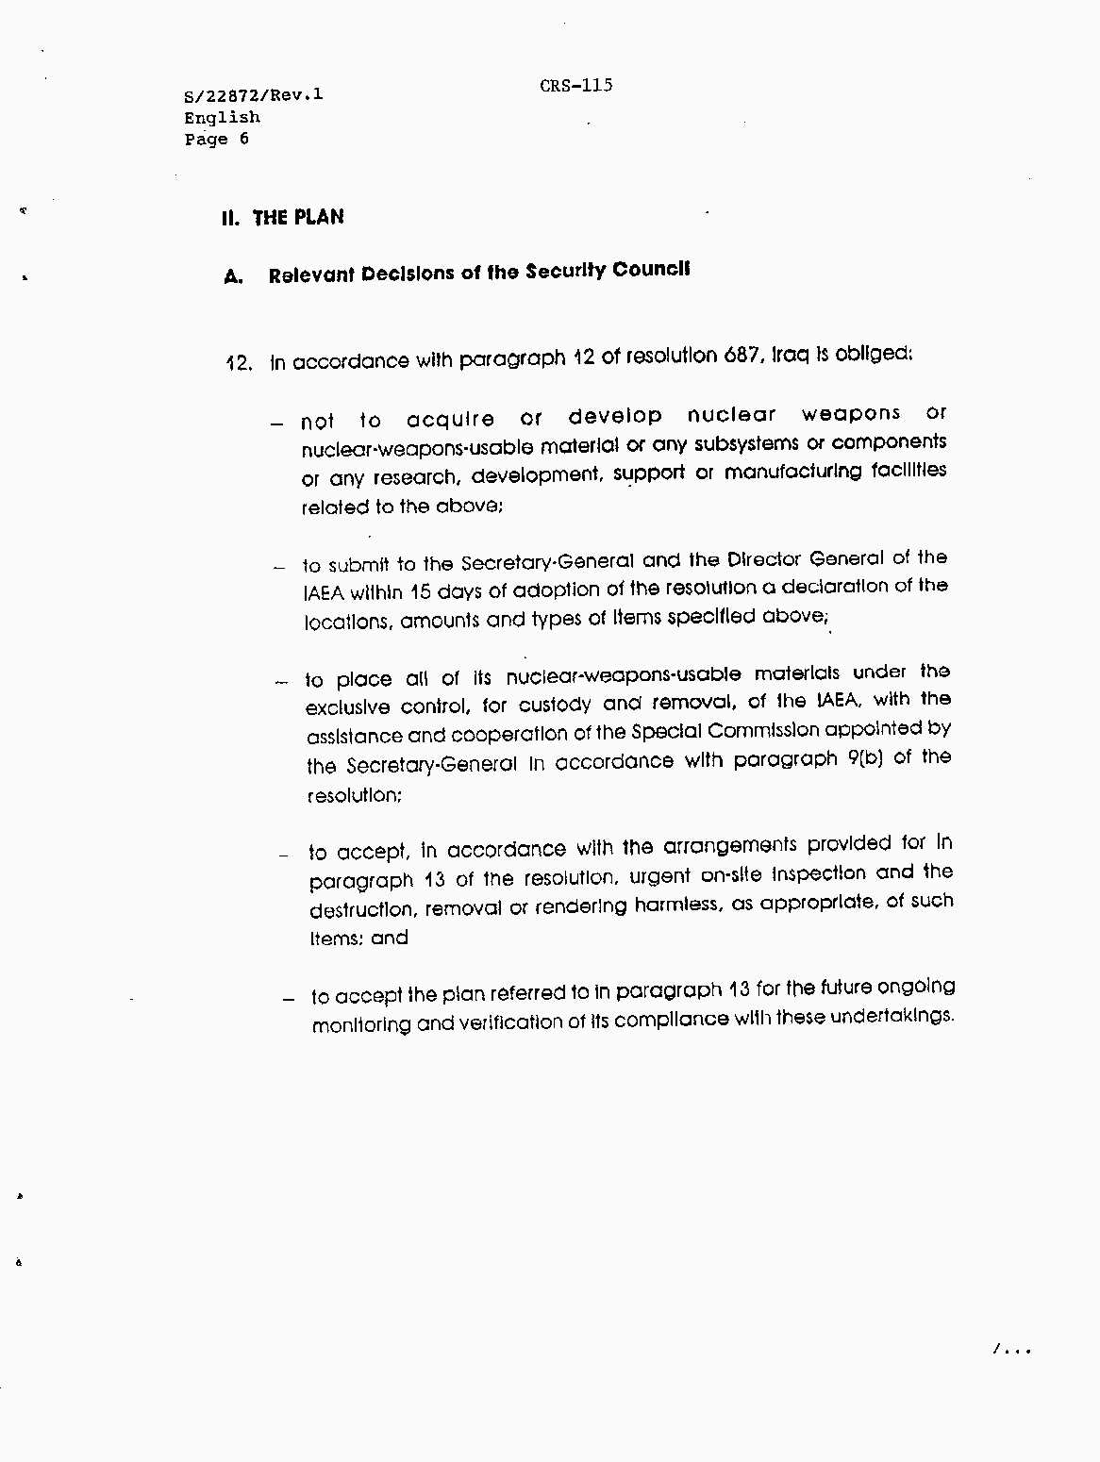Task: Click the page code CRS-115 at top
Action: (576, 86)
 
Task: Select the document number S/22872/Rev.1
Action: (253, 95)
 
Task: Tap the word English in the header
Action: (222, 118)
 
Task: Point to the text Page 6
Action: (216, 140)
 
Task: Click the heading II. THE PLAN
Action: (283, 218)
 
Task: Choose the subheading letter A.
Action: (233, 277)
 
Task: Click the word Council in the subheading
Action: (651, 270)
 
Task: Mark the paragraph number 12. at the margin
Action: (239, 363)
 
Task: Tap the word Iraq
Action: (792, 356)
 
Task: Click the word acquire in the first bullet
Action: (450, 419)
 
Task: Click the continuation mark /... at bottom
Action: (1011, 1351)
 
